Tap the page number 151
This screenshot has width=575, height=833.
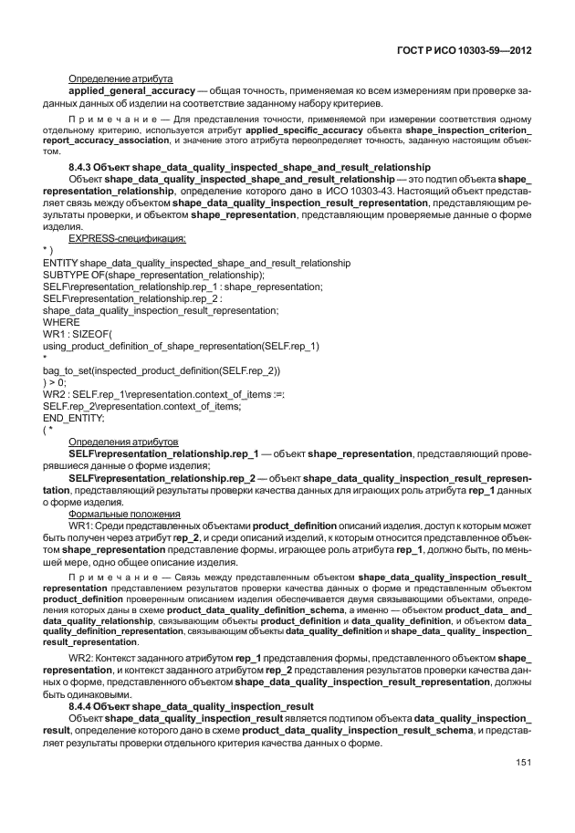pos(523,763)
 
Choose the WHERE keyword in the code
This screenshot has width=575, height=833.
pos(61,322)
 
